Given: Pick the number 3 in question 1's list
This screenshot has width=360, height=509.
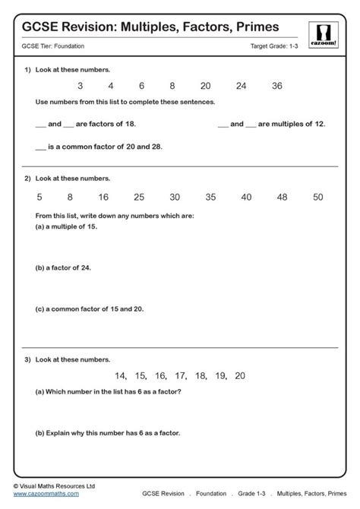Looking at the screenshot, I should tap(81, 87).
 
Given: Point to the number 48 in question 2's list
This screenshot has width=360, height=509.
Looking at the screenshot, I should tap(282, 197).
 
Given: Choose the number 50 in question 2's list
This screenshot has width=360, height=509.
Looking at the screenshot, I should tap(317, 197).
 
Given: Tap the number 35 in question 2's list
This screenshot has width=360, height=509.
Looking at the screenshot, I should tap(210, 197).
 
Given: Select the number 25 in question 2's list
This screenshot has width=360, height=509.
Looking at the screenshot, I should tap(139, 197).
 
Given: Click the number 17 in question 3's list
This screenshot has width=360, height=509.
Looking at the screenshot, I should tap(180, 375).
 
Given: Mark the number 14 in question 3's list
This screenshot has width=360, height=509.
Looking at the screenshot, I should tap(120, 375).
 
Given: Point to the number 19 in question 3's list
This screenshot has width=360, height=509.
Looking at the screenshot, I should tap(220, 375).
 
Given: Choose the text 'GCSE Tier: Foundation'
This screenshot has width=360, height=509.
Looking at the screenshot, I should tap(53, 47).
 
